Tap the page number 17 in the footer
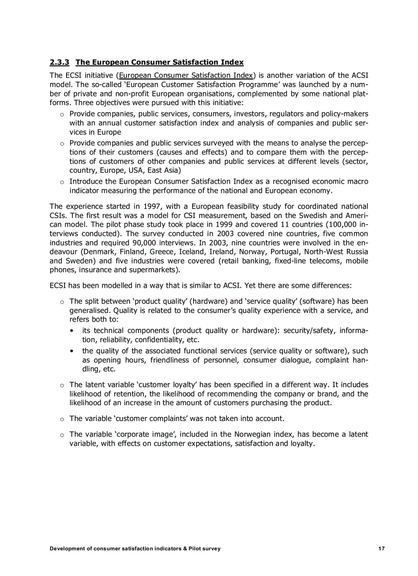pyautogui.click(x=381, y=549)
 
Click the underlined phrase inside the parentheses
pyautogui.click(x=186, y=75)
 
